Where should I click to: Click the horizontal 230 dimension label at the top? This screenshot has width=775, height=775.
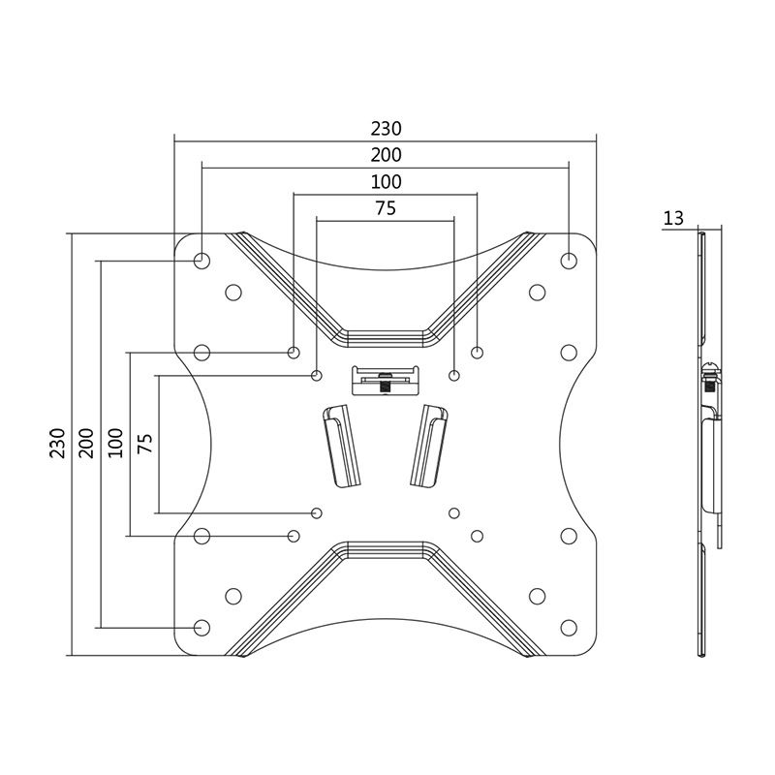386,128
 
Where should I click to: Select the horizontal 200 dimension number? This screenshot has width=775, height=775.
386,155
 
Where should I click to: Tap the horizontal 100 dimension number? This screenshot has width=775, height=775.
386,181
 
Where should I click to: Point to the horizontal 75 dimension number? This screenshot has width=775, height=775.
386,207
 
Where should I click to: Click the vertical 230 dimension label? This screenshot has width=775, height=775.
57,443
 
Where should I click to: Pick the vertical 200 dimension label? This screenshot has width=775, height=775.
85,443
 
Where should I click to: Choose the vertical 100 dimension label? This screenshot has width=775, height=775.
115,443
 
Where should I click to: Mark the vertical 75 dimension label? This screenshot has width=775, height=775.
145,443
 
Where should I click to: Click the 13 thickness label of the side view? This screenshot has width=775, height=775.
672,219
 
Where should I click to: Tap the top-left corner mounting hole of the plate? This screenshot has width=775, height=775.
201,261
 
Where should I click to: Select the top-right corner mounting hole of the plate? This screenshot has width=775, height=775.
569,261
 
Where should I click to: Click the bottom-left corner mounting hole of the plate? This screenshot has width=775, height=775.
201,627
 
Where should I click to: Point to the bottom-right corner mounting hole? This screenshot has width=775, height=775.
569,627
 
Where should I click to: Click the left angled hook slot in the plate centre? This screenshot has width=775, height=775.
340,446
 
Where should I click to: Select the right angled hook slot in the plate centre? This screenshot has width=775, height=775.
427,446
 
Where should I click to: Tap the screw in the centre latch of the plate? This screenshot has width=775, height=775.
386,382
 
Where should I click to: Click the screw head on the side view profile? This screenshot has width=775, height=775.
711,370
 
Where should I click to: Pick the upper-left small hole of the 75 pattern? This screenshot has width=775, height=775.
317,374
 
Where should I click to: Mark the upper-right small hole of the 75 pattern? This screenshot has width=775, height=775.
454,374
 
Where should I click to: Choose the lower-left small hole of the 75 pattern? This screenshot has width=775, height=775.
317,512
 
